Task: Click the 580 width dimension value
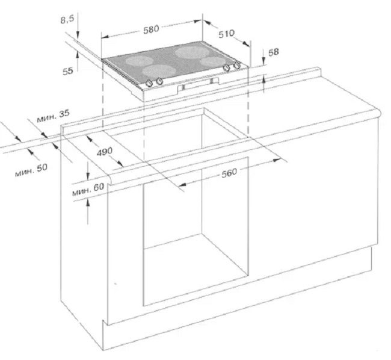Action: (x=151, y=29)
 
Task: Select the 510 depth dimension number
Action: (x=226, y=34)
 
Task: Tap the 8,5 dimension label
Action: (x=67, y=19)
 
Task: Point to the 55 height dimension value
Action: (x=68, y=71)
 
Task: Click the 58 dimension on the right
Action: (x=273, y=52)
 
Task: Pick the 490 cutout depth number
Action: (x=105, y=152)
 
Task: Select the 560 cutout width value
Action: (x=229, y=173)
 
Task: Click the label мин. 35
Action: (x=53, y=116)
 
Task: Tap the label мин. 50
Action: (x=31, y=170)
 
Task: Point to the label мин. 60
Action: (x=88, y=190)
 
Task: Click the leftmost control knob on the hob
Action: (x=149, y=83)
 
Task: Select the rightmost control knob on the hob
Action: (x=236, y=66)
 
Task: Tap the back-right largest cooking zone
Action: (x=191, y=52)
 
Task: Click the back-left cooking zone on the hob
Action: (x=139, y=61)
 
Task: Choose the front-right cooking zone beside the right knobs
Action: (x=212, y=61)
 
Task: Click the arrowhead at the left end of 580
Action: (x=105, y=37)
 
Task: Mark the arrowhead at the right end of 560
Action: (x=277, y=160)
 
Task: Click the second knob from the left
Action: (x=159, y=81)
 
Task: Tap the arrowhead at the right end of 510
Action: (x=247, y=44)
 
